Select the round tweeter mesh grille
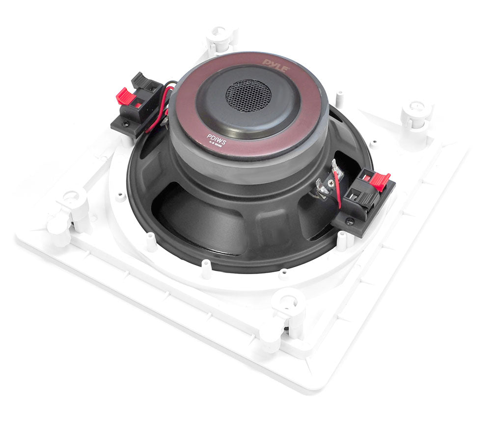coord(248,95)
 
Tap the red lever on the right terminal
coord(380,181)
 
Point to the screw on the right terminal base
coord(349,222)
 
